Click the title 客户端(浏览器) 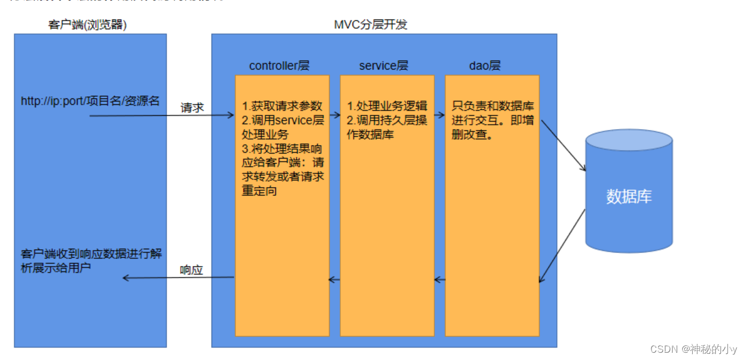coord(88,25)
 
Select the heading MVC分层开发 coord(370,25)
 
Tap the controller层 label coord(279,66)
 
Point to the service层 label coord(384,66)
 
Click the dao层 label coord(485,66)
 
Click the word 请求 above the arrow coord(192,108)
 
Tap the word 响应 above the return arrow coord(191,270)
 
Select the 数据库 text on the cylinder coord(629,197)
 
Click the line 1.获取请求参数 coord(283,106)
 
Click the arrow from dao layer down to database coord(562,144)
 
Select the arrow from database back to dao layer coord(562,246)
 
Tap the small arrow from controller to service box coord(334,115)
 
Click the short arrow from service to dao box coord(439,115)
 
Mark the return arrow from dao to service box coord(440,279)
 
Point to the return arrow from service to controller coord(334,279)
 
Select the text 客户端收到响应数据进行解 coord(91,254)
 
